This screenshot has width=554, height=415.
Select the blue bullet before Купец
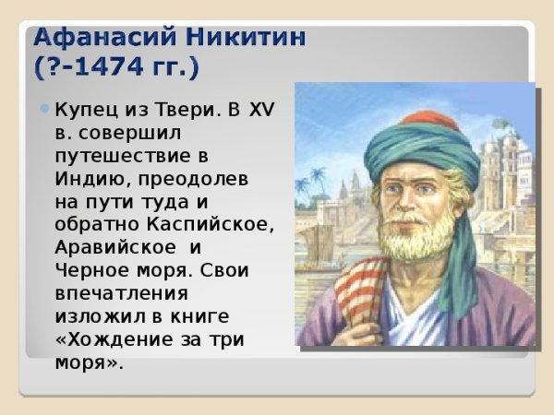click(45, 109)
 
